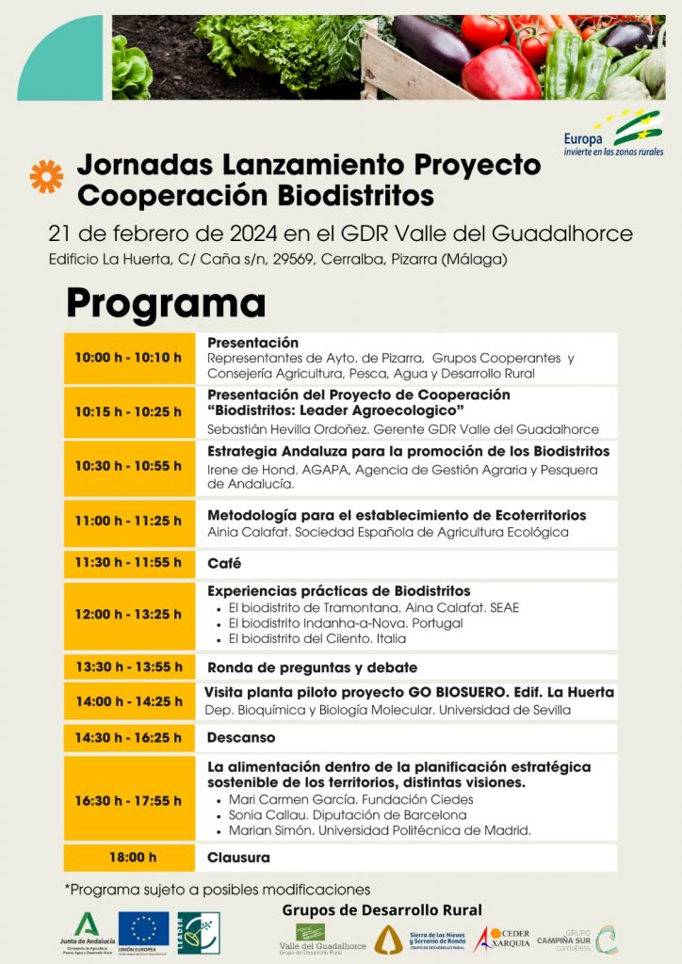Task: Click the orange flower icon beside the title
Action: click(46, 176)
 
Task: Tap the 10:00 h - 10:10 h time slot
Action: click(128, 358)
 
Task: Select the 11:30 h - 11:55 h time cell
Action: click(128, 563)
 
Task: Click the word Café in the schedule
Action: click(224, 563)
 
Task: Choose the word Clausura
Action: click(238, 858)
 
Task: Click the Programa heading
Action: click(166, 304)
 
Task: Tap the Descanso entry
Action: click(241, 737)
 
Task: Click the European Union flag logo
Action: click(143, 931)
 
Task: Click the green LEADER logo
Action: click(199, 931)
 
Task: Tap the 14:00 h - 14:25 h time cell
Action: click(128, 701)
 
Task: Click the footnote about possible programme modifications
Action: click(217, 890)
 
